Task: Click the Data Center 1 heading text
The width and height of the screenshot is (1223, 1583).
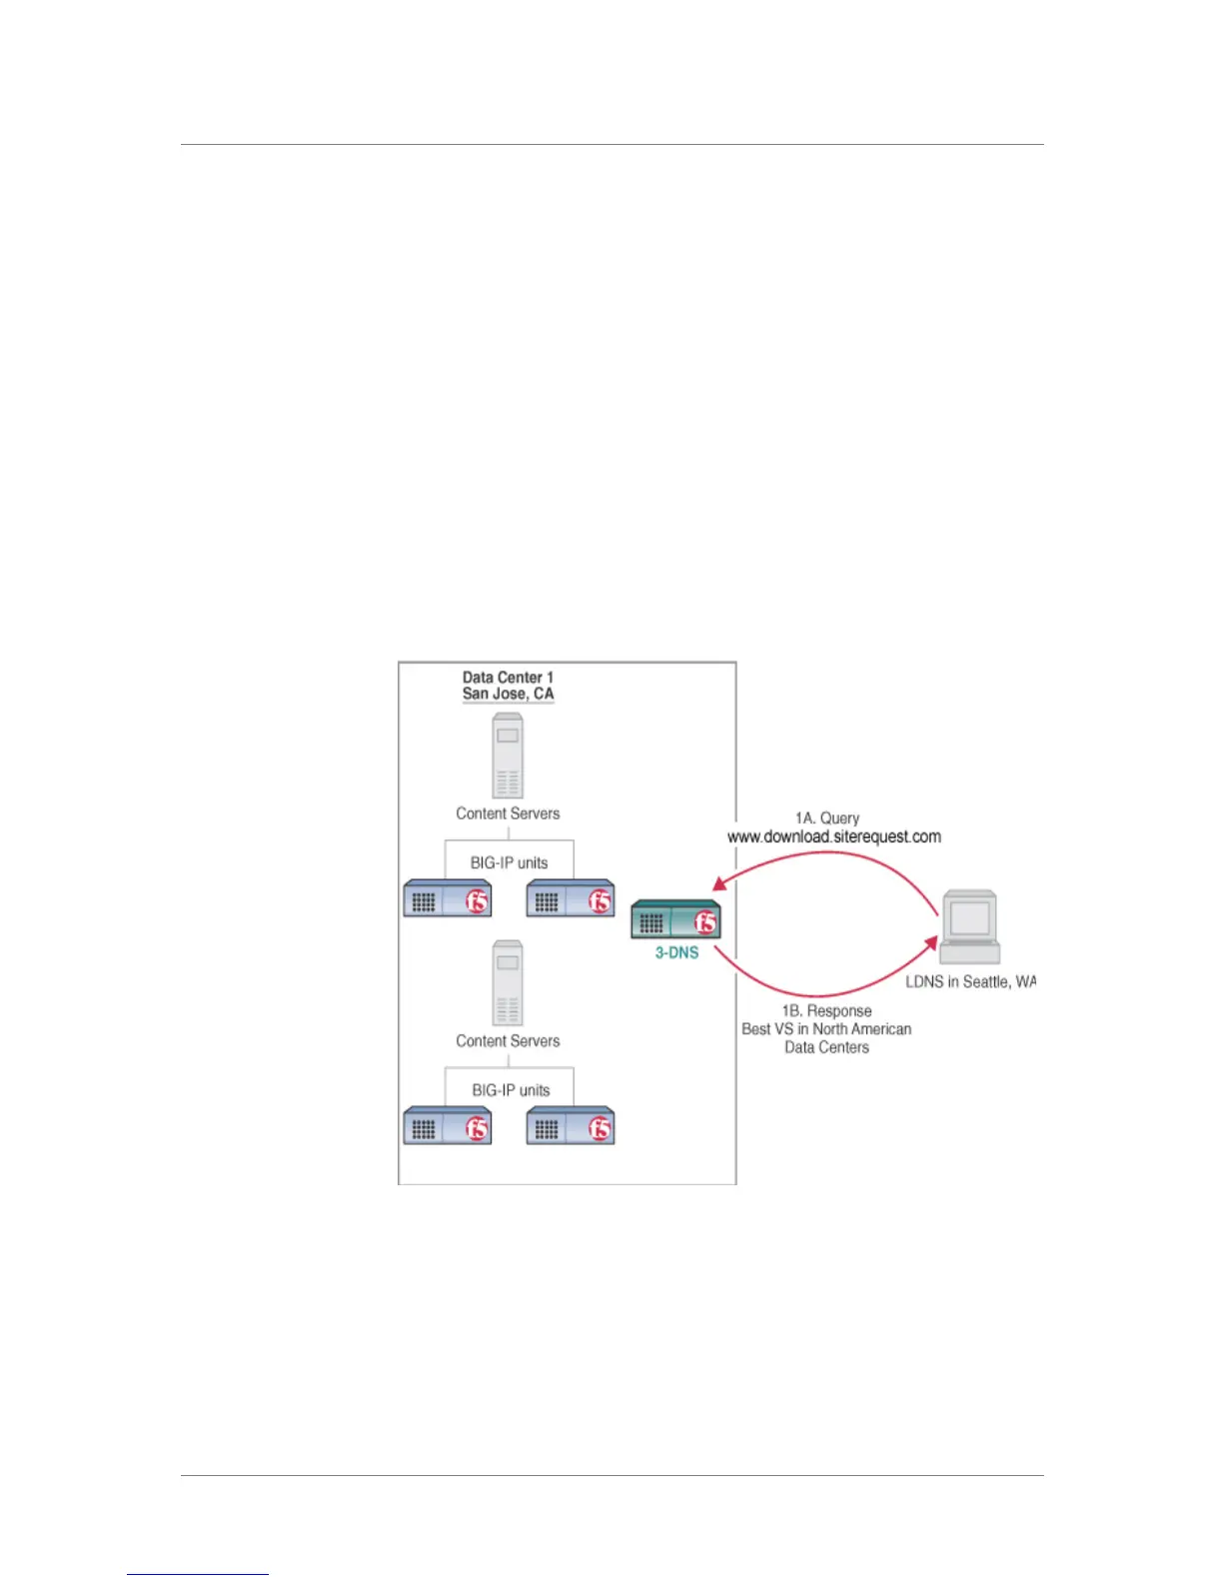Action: [x=508, y=678]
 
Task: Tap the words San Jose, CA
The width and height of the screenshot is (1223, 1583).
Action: [x=508, y=694]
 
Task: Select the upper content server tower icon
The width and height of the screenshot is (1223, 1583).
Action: [x=508, y=755]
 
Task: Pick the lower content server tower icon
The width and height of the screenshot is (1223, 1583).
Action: [x=508, y=982]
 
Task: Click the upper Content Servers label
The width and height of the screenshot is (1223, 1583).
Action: [x=508, y=813]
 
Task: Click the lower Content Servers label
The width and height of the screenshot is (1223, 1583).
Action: [x=508, y=1041]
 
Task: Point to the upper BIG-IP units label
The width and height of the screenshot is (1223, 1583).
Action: [x=510, y=862]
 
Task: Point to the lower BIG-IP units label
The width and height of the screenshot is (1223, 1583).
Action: [x=511, y=1090]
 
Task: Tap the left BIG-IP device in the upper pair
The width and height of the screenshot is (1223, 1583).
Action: [x=448, y=899]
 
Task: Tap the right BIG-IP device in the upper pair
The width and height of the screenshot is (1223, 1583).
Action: [x=571, y=899]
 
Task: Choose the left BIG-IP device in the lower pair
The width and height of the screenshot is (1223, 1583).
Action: [x=448, y=1126]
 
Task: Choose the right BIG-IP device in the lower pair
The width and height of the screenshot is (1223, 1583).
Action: [x=571, y=1126]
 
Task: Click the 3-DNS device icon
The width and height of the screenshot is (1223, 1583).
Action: [x=675, y=920]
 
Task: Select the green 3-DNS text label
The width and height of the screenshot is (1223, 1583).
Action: [x=676, y=953]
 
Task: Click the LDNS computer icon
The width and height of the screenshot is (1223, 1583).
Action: [x=970, y=926]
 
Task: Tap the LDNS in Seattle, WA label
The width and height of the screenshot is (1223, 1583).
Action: [x=970, y=982]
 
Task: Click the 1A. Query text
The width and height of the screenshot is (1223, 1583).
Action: [x=827, y=818]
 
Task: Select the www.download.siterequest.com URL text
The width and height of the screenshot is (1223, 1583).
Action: [x=834, y=836]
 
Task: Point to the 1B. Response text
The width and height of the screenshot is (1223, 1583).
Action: [x=827, y=1011]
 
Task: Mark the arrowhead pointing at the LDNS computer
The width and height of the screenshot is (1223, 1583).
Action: [x=929, y=944]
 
